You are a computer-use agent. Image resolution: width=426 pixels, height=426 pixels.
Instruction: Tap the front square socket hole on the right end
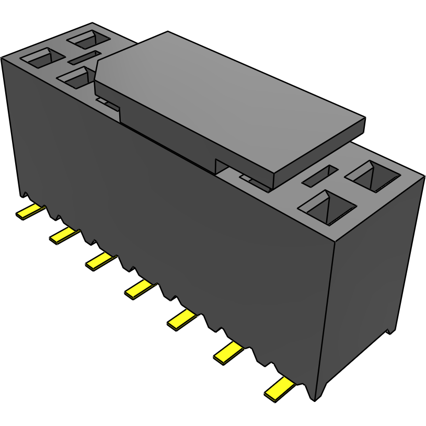click(327, 207)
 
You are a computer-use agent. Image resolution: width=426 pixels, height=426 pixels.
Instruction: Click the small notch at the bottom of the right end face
click(389, 330)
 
